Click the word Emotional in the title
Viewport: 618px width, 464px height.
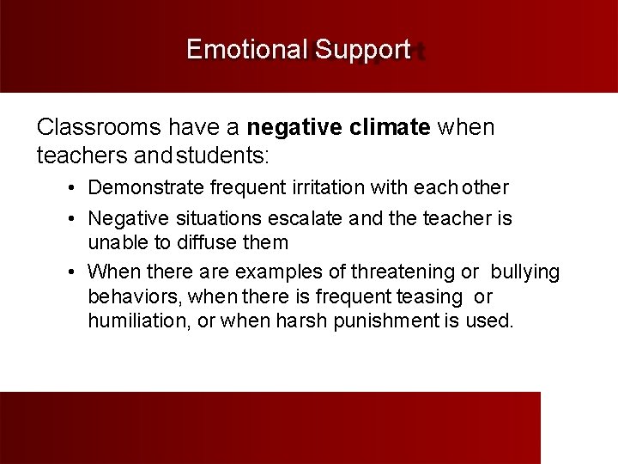point(246,50)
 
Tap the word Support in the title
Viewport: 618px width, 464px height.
point(362,50)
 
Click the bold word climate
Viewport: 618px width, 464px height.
point(391,128)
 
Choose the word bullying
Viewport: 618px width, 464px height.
point(524,272)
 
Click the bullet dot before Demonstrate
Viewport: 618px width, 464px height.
point(76,187)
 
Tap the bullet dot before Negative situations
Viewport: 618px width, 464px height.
point(76,218)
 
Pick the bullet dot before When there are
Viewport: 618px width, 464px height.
point(76,272)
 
